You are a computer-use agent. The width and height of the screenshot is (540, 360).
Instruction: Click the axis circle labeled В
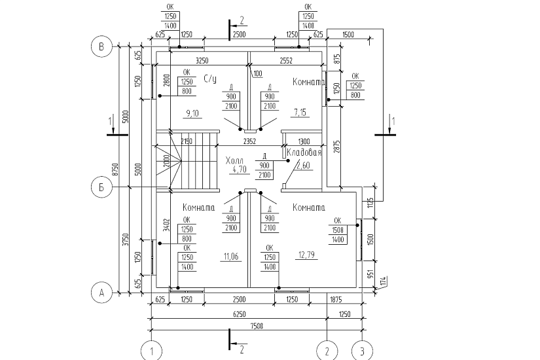pos(101,46)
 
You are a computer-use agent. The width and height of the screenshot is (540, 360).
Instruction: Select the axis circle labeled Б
pos(101,187)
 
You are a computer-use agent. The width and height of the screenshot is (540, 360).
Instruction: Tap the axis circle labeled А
pos(101,293)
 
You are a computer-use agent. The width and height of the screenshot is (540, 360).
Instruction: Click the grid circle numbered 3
pos(362,351)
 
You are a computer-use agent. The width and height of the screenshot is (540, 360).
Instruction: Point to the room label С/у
pos(210,79)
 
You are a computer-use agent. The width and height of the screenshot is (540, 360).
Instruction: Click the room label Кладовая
pos(304,153)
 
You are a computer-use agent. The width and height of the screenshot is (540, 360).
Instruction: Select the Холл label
pos(234,161)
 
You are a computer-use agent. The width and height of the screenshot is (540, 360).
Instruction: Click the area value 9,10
pos(192,113)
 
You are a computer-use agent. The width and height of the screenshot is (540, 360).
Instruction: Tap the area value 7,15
pos(300,113)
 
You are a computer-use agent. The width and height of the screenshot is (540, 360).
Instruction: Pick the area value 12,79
pos(306,255)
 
